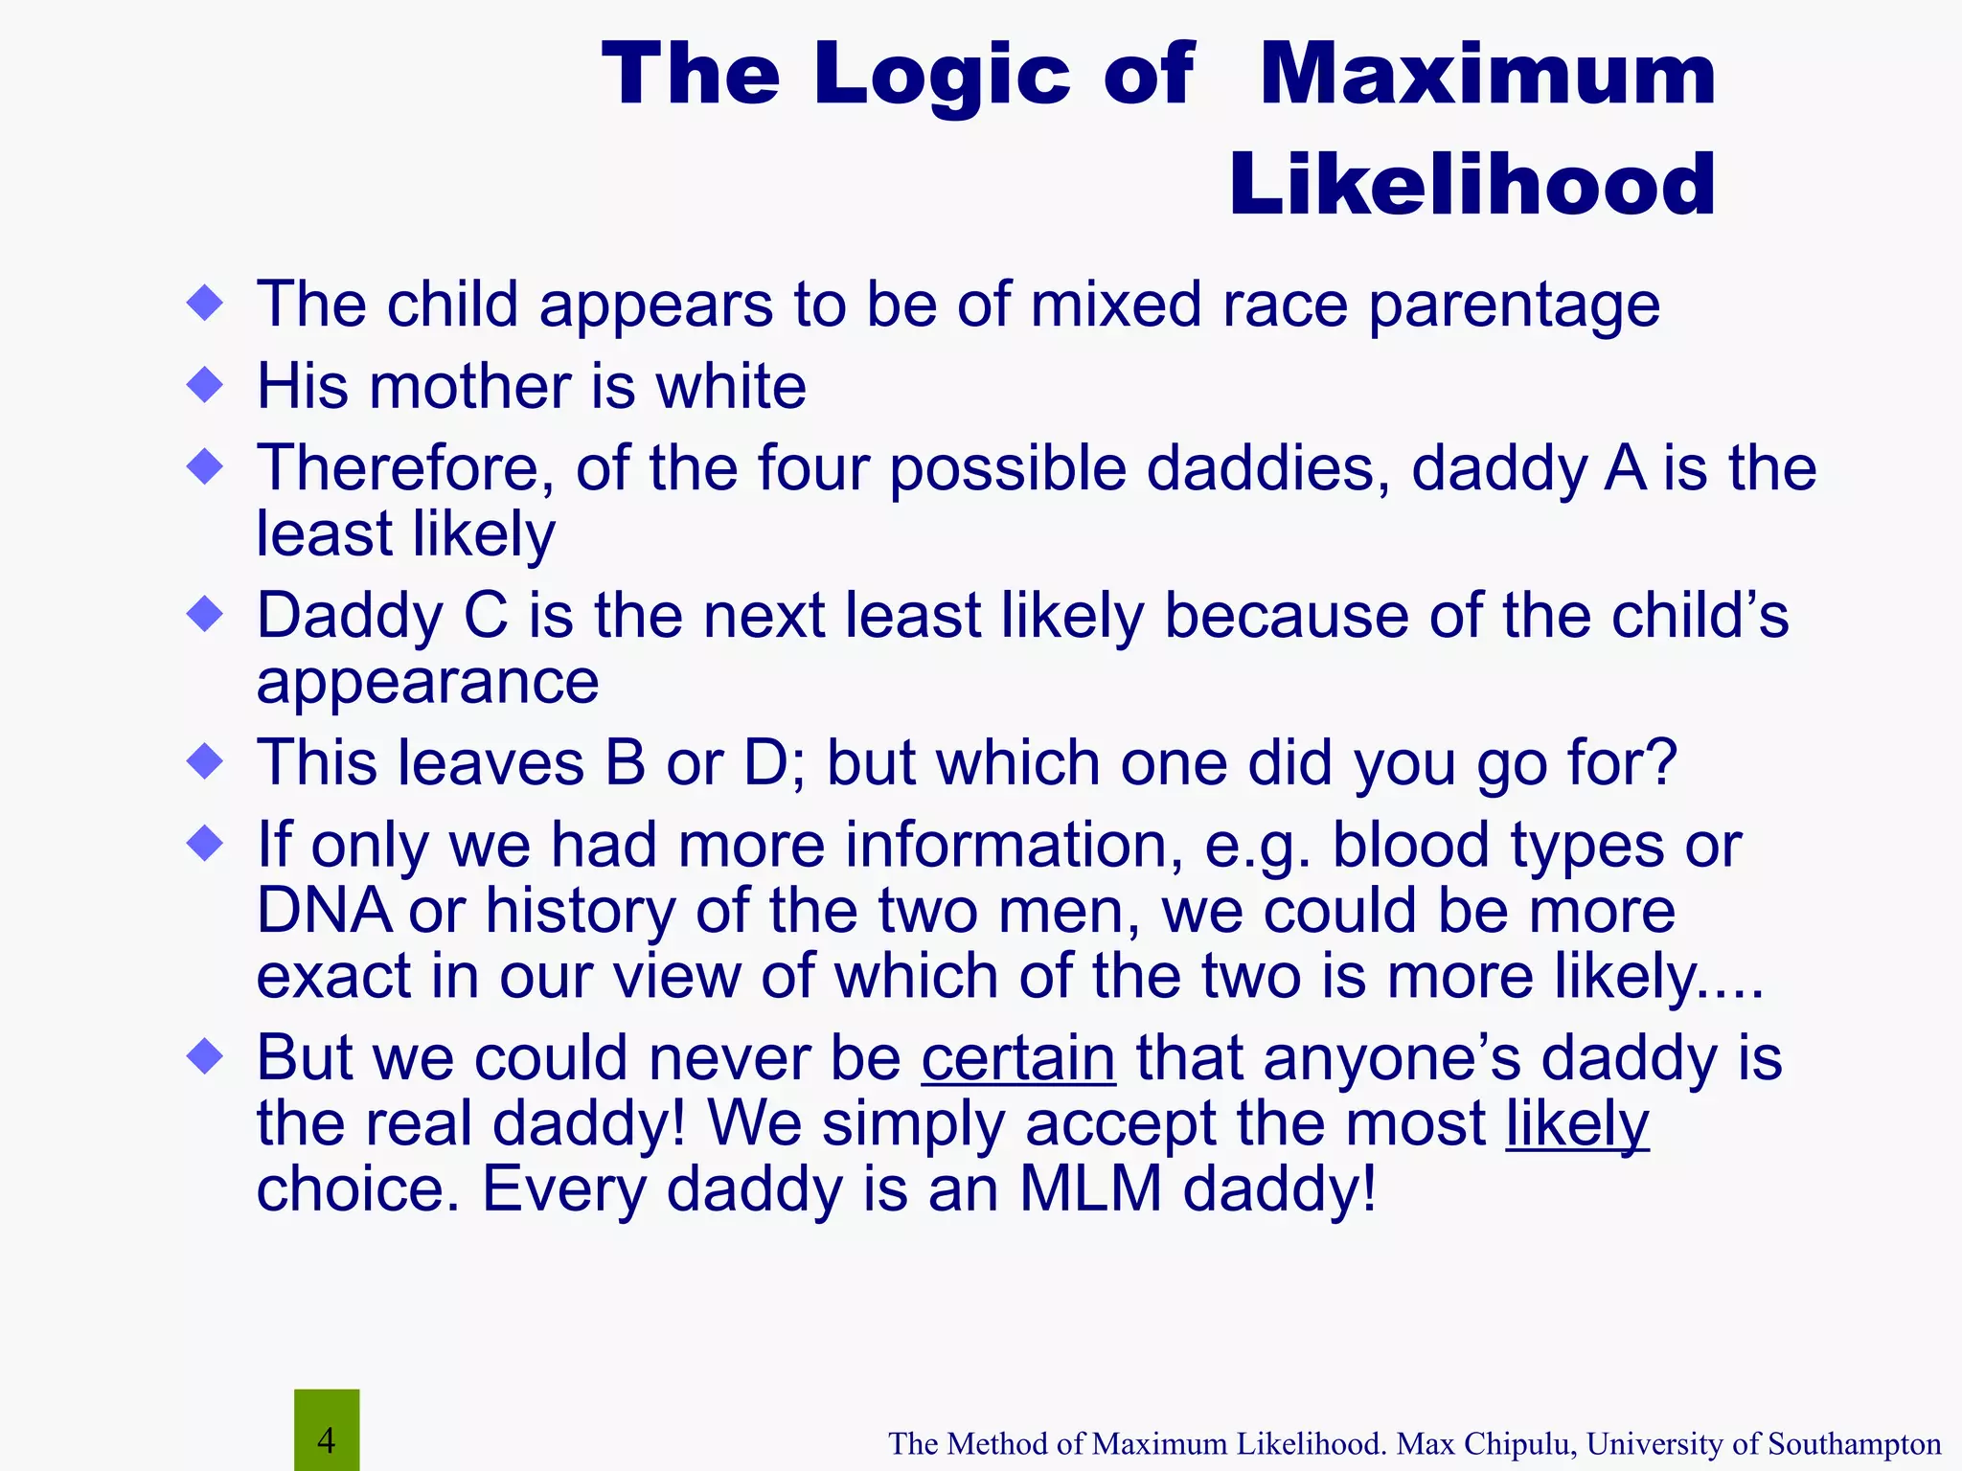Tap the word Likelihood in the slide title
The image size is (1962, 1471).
coord(1471,186)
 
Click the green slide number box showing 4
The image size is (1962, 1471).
coord(327,1431)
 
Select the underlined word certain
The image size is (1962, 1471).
coord(1018,1059)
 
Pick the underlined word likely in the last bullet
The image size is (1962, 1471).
coord(1577,1124)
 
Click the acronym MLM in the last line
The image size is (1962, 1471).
coord(1090,1189)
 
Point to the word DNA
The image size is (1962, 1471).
coord(324,910)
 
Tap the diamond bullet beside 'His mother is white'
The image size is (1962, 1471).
coord(205,386)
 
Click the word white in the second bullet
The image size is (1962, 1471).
coord(730,387)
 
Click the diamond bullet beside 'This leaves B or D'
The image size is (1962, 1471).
coord(205,762)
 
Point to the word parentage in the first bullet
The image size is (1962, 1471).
coord(1514,306)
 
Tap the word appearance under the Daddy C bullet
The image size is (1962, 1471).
coord(427,682)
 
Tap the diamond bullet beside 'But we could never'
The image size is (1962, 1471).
coord(205,1058)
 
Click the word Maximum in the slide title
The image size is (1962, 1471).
coord(1487,77)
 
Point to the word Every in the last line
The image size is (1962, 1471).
coord(562,1189)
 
